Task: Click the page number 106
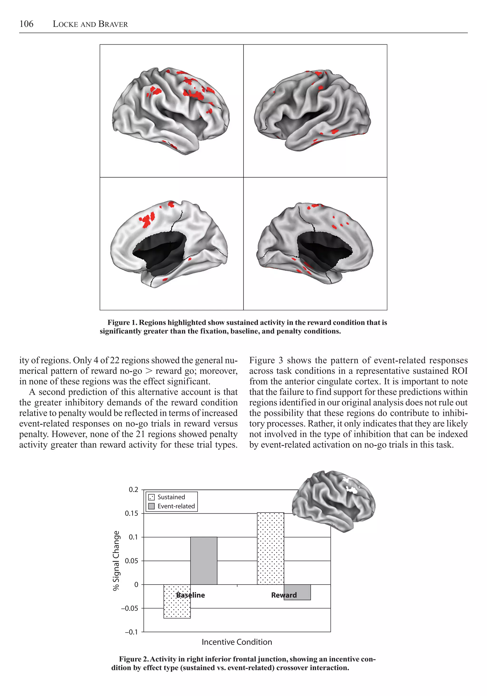click(x=26, y=24)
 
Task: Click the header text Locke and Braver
click(x=90, y=24)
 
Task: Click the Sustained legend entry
click(x=171, y=497)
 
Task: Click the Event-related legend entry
click(x=176, y=506)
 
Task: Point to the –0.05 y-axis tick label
click(x=130, y=608)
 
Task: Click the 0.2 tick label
click(x=133, y=490)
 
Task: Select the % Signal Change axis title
click(x=116, y=560)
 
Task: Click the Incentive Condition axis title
click(x=237, y=642)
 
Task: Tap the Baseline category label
click(x=190, y=595)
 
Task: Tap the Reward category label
click(x=284, y=595)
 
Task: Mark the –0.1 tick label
click(x=131, y=632)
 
